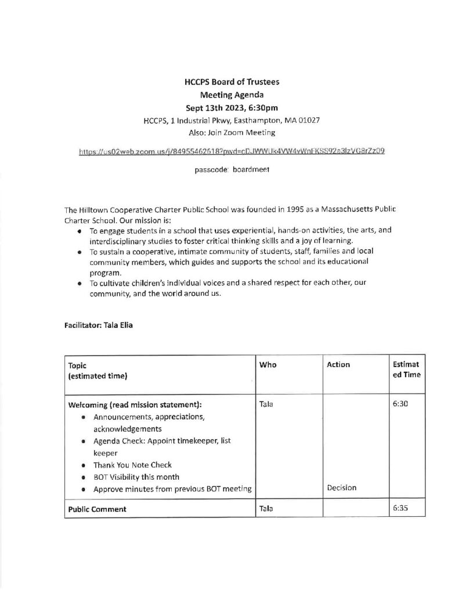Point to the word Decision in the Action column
point(342,488)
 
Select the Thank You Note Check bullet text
point(132,465)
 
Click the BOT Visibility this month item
point(136,476)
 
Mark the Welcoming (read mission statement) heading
point(135,404)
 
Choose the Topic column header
point(77,365)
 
